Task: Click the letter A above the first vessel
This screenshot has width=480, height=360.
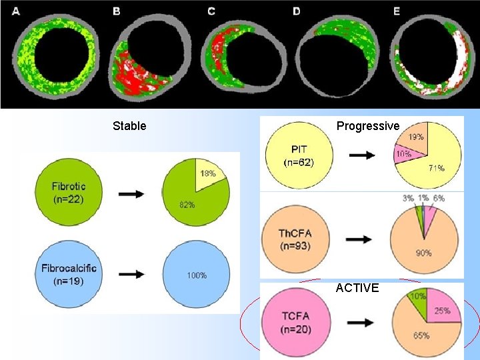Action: pos(16,11)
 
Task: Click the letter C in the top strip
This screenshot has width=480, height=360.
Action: pos(211,11)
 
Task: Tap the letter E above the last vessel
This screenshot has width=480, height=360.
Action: pos(397,11)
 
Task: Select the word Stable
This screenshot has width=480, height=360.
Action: pos(129,126)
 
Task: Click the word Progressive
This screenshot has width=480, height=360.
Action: pos(367,126)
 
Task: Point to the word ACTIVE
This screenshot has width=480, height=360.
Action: pos(357,288)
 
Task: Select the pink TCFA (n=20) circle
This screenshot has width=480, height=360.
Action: pos(297,321)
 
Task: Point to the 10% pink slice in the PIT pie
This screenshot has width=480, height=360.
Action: pos(407,155)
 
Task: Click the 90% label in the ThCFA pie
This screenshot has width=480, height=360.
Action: pos(423,253)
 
